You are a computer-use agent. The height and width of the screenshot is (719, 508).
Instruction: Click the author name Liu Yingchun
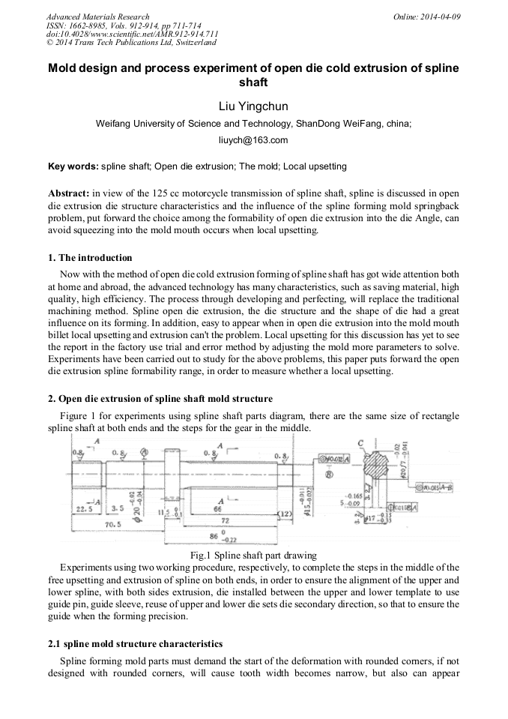(x=253, y=106)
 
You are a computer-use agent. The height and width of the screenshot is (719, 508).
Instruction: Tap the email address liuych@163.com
(x=253, y=140)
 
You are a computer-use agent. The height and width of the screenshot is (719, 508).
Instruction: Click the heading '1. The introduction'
(x=90, y=258)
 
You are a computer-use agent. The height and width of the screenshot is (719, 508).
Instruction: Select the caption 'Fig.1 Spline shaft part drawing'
(x=253, y=556)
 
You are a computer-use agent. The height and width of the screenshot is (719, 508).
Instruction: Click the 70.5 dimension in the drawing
(x=115, y=524)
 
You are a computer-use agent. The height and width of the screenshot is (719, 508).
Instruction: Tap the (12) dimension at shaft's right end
(x=285, y=513)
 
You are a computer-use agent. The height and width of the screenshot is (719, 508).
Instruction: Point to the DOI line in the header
(x=132, y=34)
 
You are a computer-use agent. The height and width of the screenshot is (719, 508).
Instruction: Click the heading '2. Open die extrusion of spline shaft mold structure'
(x=160, y=398)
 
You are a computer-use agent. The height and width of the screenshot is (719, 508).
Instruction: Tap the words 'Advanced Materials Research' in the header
(x=97, y=16)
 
